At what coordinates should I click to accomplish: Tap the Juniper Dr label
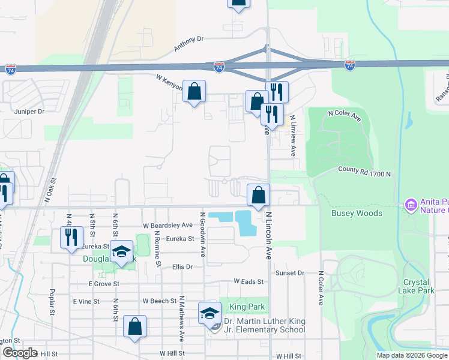[x=29, y=111]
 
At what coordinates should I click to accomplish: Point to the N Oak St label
[x=53, y=188]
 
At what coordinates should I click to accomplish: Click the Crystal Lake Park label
[x=416, y=286]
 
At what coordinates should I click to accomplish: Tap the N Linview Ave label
[x=293, y=136]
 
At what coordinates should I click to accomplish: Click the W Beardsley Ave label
[x=167, y=225]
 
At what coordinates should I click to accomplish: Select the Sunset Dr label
[x=291, y=272]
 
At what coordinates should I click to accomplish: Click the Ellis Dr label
[x=182, y=266]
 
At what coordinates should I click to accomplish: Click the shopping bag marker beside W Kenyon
[x=194, y=92]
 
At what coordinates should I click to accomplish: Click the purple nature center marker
[x=411, y=206]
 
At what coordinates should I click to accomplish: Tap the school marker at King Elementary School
[x=210, y=313]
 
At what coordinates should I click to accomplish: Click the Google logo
[x=20, y=353]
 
